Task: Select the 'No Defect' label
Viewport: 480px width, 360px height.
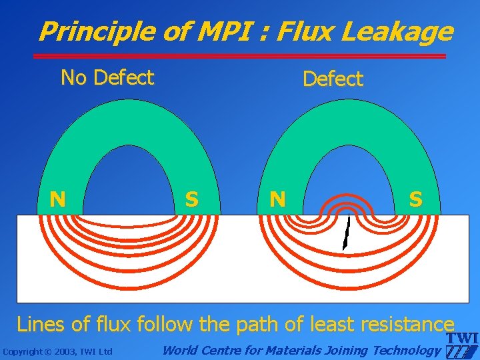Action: (x=107, y=78)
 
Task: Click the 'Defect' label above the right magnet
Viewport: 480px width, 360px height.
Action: (x=333, y=79)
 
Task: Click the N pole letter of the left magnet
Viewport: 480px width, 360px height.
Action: (x=59, y=199)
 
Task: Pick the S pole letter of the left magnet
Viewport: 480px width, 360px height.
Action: (x=191, y=199)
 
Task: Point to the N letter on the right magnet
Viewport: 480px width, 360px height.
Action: (x=277, y=199)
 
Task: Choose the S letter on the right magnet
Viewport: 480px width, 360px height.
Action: (x=415, y=199)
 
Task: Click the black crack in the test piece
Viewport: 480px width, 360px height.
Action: (x=346, y=233)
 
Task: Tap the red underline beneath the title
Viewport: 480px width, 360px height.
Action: (x=240, y=55)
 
